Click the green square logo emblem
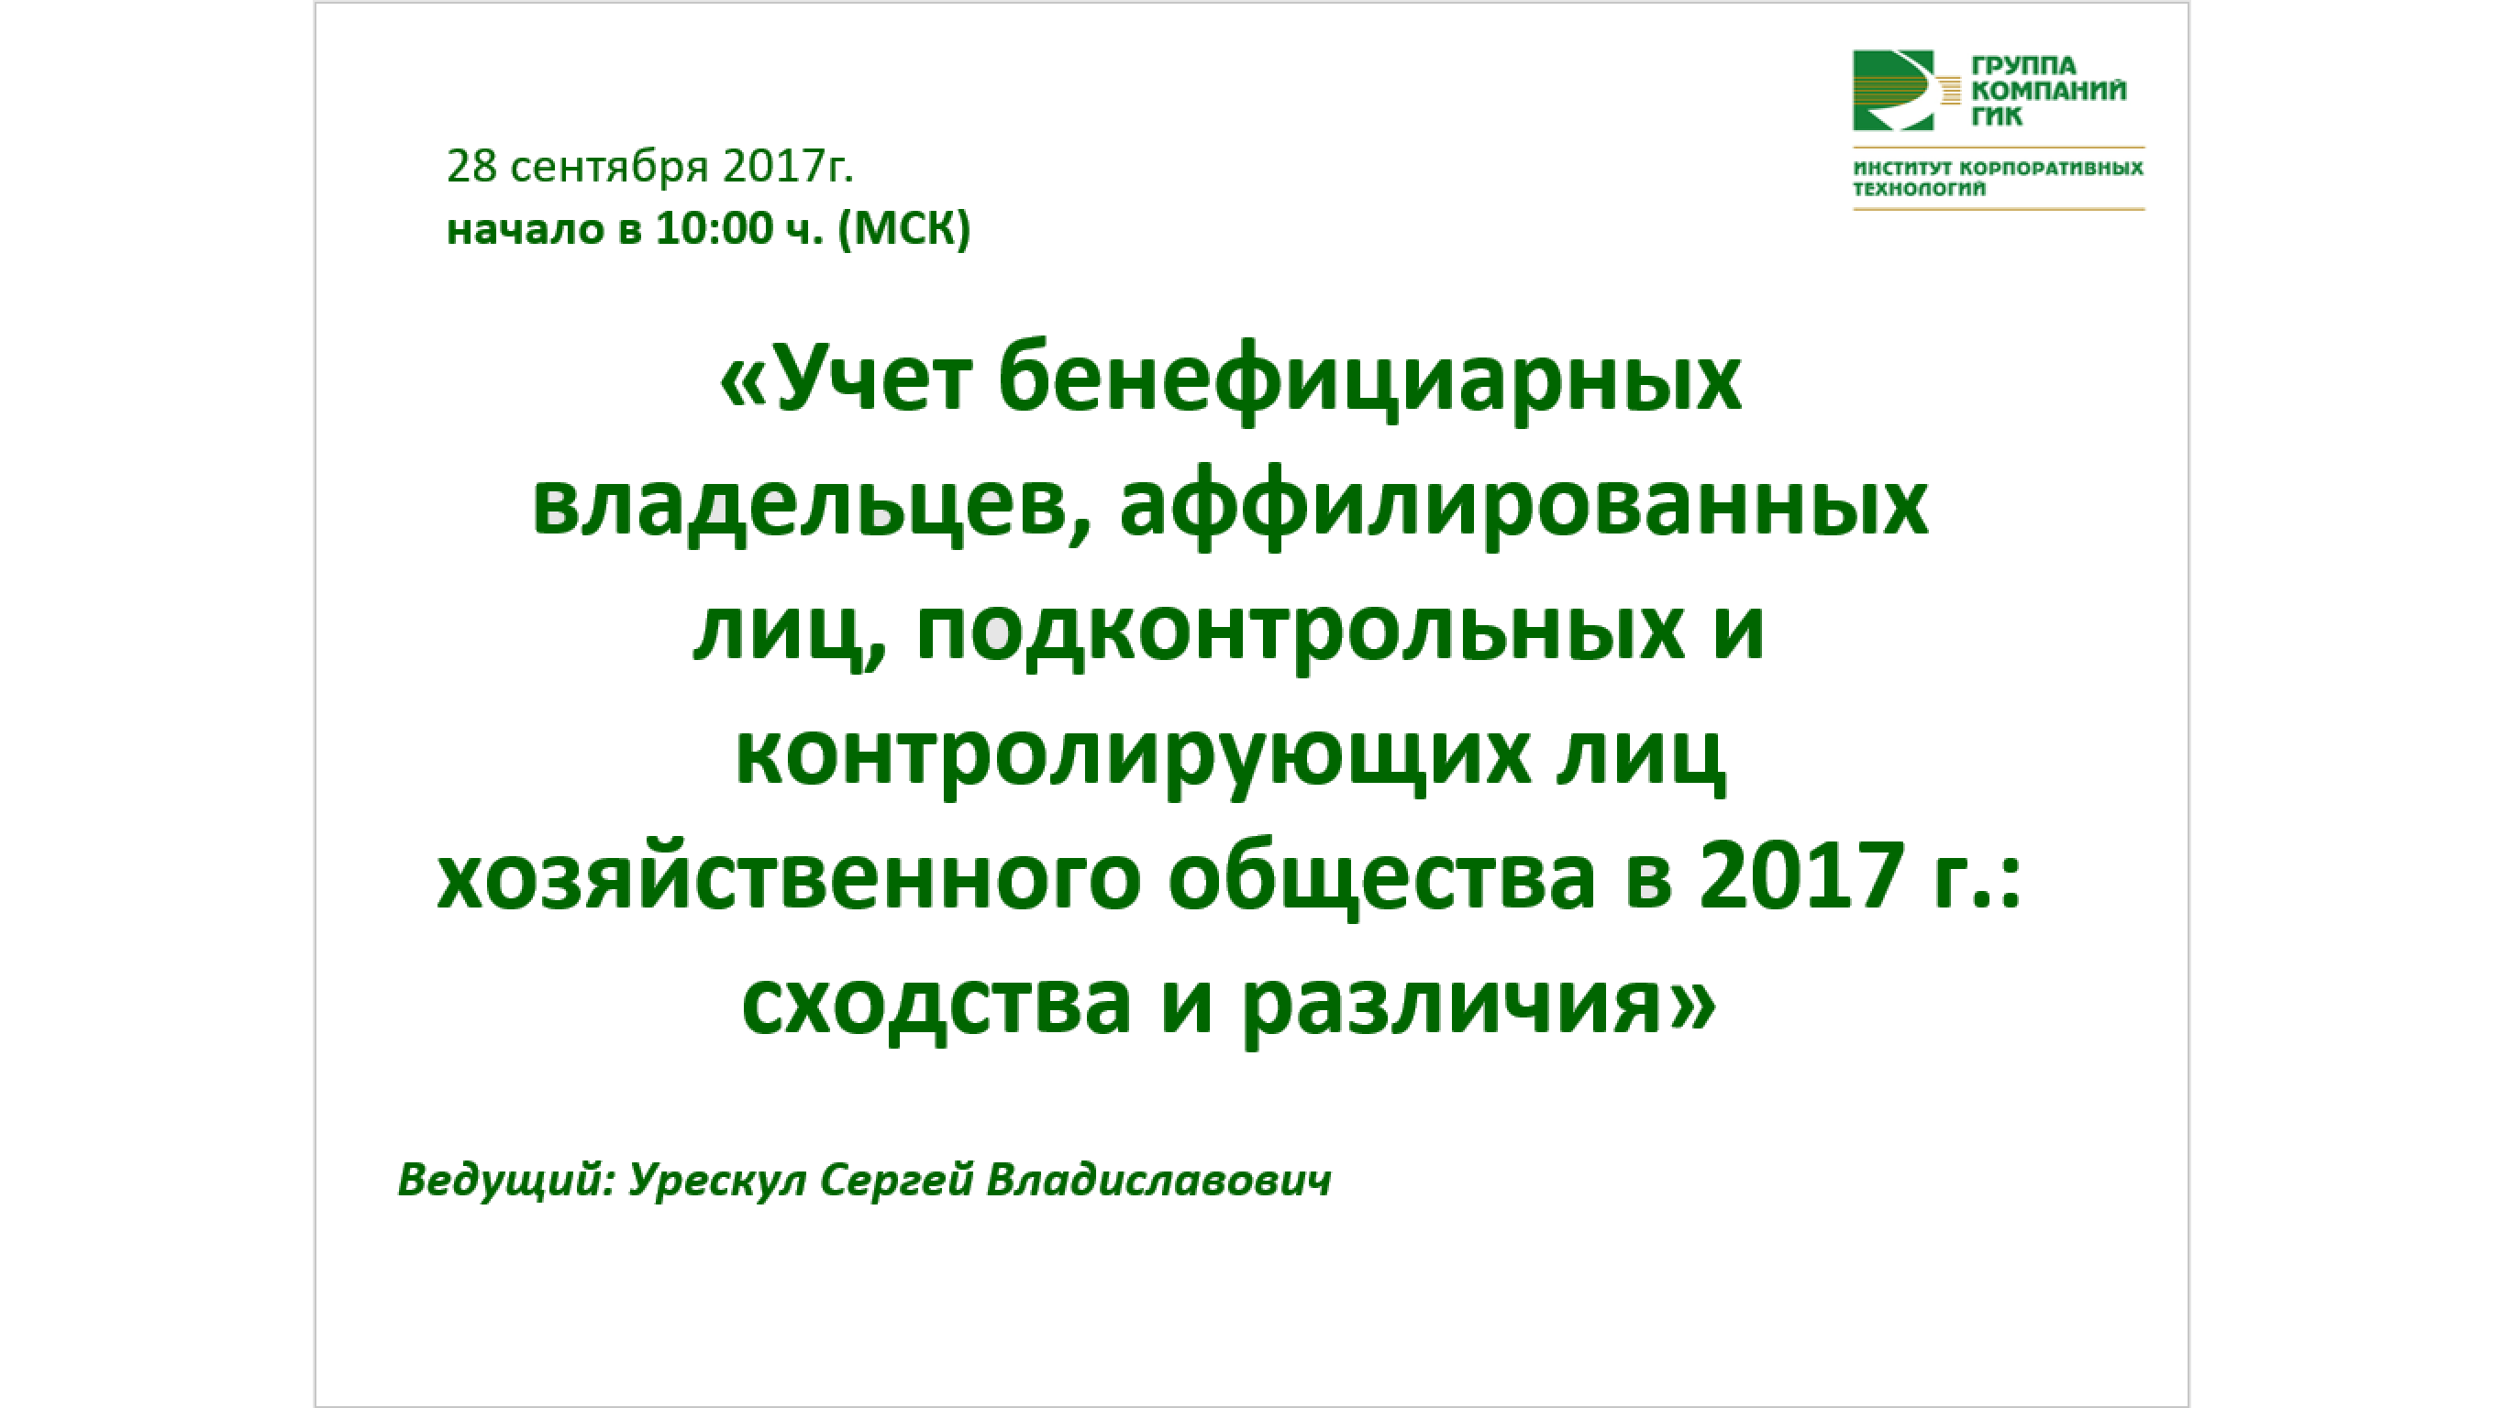click(1892, 91)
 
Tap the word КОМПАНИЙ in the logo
click(2048, 92)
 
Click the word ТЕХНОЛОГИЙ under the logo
click(1919, 190)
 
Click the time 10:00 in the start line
click(714, 229)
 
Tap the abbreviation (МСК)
click(904, 229)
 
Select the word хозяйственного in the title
click(788, 878)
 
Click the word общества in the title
click(1381, 878)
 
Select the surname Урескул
click(717, 1181)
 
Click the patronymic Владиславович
click(1158, 1181)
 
